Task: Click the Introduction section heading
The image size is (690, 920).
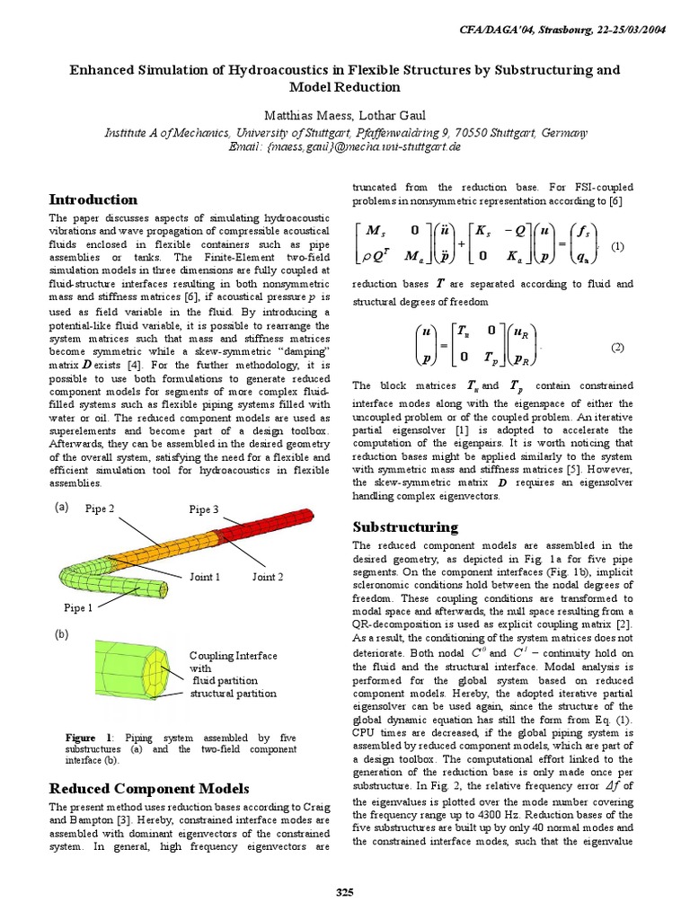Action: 93,199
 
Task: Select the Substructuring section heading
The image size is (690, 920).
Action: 405,526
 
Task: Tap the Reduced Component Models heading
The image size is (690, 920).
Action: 148,789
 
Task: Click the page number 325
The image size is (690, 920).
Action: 345,891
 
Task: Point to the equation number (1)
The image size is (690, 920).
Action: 617,246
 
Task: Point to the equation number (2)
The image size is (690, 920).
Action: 617,347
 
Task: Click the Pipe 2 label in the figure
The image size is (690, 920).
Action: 100,509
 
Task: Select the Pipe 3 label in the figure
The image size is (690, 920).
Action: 204,509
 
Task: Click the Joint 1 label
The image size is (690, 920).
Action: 204,577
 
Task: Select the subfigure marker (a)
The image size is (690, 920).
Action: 61,507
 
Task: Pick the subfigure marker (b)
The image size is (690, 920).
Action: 61,634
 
